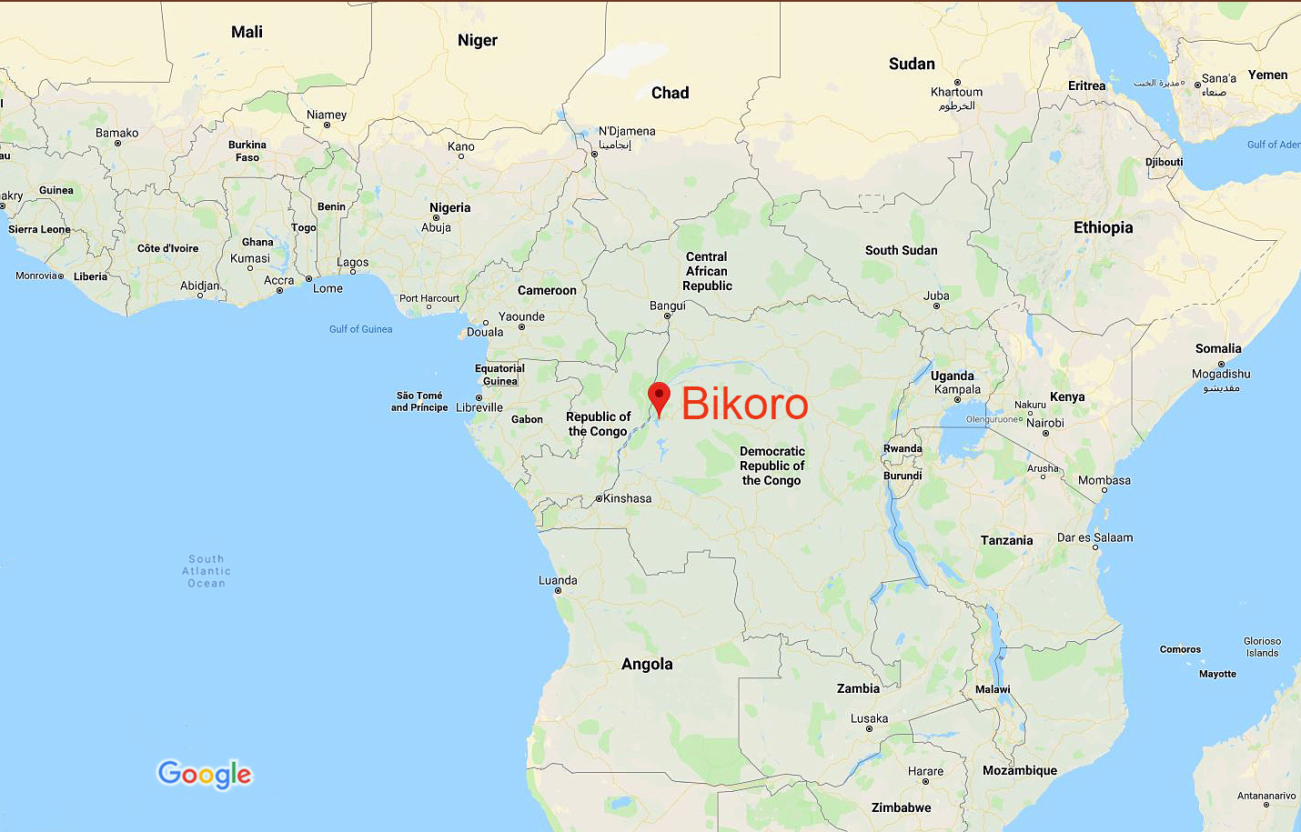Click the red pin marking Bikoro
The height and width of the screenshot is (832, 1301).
coord(659,397)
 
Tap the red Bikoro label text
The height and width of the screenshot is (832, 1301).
coord(744,404)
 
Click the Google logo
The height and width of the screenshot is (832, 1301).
coord(205,774)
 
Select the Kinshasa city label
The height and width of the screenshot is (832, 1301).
coord(628,498)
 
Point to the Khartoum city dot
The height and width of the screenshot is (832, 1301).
coord(957,82)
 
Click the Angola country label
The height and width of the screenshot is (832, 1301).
coord(647,664)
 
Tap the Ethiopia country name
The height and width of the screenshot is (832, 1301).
coord(1103,227)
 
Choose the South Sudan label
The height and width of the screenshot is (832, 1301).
coord(901,250)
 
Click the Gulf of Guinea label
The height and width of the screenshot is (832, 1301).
coord(360,329)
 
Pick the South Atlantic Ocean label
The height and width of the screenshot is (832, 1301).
coord(207,571)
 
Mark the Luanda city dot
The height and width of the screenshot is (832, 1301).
coord(558,591)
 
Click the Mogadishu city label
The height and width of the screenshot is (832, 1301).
coord(1221,374)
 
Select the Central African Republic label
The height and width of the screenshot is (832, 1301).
coord(707,271)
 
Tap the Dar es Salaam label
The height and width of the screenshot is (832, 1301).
coord(1094,537)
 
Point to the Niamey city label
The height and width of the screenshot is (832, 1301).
coord(327,115)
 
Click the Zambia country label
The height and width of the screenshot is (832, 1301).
coord(858,688)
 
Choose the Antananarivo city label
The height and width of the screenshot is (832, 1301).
coord(1266,796)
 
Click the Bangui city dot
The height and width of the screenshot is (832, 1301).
coord(667,316)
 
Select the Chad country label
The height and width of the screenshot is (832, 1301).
coord(670,93)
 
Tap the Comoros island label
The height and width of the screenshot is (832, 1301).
coord(1180,649)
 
